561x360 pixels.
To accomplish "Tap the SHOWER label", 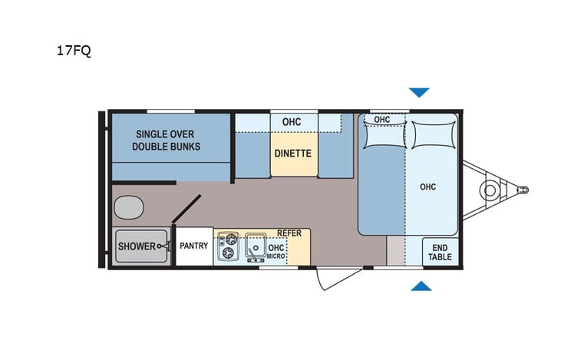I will [x=136, y=246].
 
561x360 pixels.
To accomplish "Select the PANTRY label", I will [x=194, y=246].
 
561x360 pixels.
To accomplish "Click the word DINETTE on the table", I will [x=292, y=153].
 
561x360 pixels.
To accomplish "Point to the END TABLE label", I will [x=440, y=251].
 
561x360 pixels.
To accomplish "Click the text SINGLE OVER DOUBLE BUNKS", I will [x=166, y=140].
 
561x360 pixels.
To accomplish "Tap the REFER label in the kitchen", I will [x=289, y=233].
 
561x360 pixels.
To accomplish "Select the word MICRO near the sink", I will [x=276, y=256].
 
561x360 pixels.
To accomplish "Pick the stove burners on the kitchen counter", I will [x=228, y=247].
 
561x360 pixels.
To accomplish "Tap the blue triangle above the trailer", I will [x=418, y=93].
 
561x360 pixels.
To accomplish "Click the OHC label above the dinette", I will [x=291, y=122].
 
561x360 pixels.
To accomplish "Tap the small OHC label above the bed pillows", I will [x=382, y=119].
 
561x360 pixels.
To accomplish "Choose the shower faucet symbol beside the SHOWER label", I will [x=163, y=246].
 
